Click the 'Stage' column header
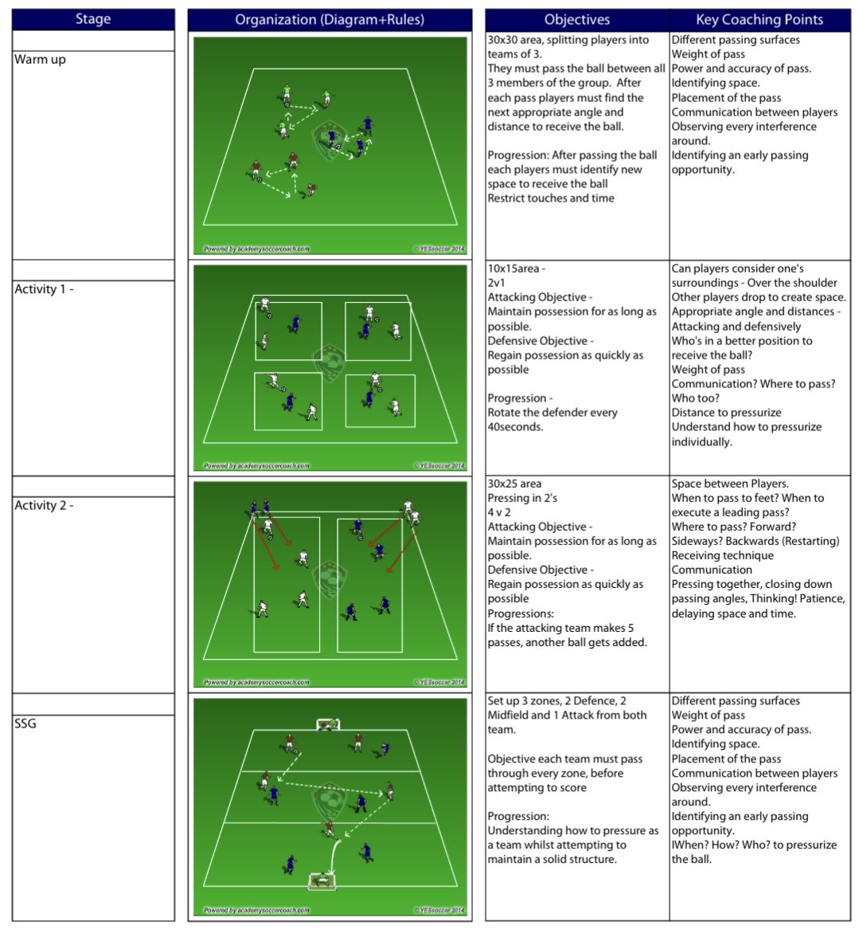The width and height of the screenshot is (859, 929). pyautogui.click(x=93, y=19)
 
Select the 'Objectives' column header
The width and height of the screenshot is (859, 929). pyautogui.click(x=577, y=19)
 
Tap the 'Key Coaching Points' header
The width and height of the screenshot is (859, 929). pyautogui.click(x=759, y=19)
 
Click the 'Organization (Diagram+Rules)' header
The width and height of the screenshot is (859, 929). pyautogui.click(x=330, y=19)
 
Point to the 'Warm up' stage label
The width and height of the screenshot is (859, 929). pyautogui.click(x=40, y=60)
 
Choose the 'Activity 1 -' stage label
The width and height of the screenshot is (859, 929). pyautogui.click(x=44, y=289)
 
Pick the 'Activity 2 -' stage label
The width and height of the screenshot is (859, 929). pyautogui.click(x=44, y=505)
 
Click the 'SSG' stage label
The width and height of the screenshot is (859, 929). pyautogui.click(x=25, y=723)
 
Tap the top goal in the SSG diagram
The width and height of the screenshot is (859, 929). pyautogui.click(x=328, y=724)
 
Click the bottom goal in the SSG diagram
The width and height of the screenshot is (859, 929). pyautogui.click(x=322, y=880)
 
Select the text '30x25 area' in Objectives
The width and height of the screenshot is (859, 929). pyautogui.click(x=514, y=484)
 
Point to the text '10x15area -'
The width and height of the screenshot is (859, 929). pyautogui.click(x=517, y=269)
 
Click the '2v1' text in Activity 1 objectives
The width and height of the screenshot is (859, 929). pyautogui.click(x=497, y=283)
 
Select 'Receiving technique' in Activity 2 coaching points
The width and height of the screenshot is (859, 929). pyautogui.click(x=722, y=555)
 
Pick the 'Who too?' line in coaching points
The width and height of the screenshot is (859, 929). pyautogui.click(x=695, y=398)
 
